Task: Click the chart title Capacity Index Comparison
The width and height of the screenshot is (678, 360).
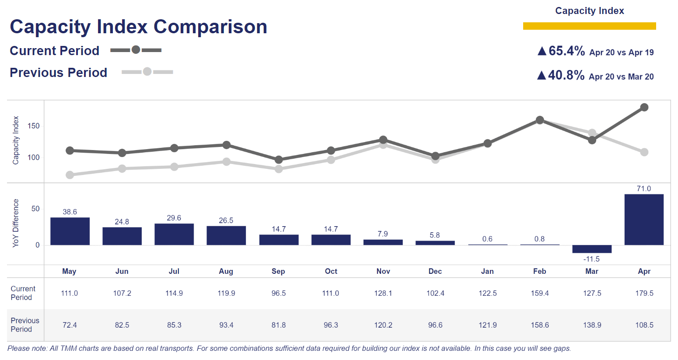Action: pyautogui.click(x=138, y=27)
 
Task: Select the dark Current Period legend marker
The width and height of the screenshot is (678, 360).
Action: pyautogui.click(x=136, y=50)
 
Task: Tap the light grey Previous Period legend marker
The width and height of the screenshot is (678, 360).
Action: pyautogui.click(x=147, y=71)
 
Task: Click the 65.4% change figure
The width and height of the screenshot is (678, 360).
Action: pyautogui.click(x=566, y=51)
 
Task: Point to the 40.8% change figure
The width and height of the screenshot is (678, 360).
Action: pyautogui.click(x=566, y=75)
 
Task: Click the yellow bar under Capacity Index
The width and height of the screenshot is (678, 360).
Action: pyautogui.click(x=589, y=26)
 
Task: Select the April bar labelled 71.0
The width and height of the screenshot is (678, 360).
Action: pyautogui.click(x=644, y=219)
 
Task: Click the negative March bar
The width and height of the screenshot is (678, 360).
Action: pyautogui.click(x=592, y=249)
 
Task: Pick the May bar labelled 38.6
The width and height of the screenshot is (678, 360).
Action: pyautogui.click(x=70, y=231)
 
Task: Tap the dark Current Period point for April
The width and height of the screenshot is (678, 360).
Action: pyautogui.click(x=644, y=107)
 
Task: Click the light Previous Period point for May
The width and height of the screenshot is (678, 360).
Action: pyautogui.click(x=70, y=175)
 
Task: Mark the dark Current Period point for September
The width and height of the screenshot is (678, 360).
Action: pyautogui.click(x=279, y=160)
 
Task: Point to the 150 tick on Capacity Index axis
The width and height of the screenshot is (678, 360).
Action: pyautogui.click(x=34, y=126)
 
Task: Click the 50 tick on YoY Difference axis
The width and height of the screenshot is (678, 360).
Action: pyautogui.click(x=35, y=209)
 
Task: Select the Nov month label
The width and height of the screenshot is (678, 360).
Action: pyautogui.click(x=383, y=271)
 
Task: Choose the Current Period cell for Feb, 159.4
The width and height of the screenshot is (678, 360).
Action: pyautogui.click(x=540, y=293)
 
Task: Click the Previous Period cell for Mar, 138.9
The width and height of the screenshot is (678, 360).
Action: pyautogui.click(x=592, y=325)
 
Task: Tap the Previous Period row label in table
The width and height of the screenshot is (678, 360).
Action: pyautogui.click(x=25, y=325)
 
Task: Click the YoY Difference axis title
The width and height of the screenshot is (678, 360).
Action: pyautogui.click(x=16, y=223)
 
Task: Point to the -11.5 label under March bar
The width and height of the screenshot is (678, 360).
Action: pyautogui.click(x=591, y=259)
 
